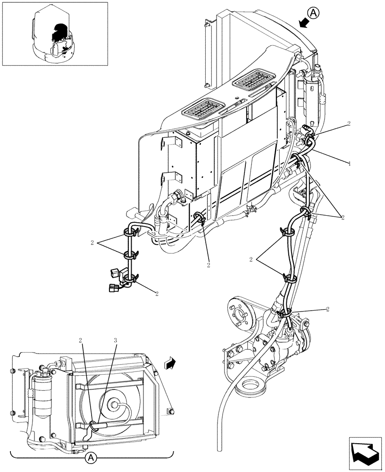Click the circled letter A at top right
(x=315, y=13)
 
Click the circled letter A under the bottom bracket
(x=92, y=457)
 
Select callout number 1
(x=349, y=163)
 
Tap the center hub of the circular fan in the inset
(x=114, y=404)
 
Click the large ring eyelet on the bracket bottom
(x=250, y=390)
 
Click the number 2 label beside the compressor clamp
(x=327, y=309)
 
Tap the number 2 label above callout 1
(x=348, y=124)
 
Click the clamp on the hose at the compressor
(x=285, y=312)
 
